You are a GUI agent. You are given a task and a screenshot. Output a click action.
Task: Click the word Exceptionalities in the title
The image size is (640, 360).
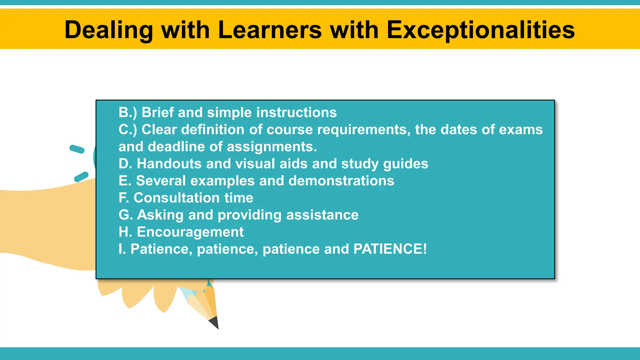pos(480,30)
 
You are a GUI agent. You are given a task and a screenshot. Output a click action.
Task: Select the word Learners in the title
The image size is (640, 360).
pos(270,30)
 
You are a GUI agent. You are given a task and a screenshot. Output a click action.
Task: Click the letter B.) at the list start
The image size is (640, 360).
pos(128,112)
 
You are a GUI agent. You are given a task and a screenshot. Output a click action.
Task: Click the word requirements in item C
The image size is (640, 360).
pos(364,130)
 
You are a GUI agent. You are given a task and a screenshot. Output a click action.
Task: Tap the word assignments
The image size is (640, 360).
pos(272,147)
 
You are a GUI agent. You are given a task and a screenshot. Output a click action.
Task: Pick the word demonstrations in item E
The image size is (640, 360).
pos(341,181)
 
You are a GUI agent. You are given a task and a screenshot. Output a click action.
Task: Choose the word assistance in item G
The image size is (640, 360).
pos(322,215)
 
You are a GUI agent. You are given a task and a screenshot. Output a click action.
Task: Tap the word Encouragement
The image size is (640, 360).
pos(190,232)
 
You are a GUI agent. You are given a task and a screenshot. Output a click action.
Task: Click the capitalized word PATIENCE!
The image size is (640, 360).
pos(390,249)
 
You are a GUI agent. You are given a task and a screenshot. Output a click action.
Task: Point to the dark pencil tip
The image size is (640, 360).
pos(214,323)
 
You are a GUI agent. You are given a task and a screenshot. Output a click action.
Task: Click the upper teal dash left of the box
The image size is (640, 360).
pos(77,149)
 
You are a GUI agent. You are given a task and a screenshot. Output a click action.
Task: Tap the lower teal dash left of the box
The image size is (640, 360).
pos(81,177)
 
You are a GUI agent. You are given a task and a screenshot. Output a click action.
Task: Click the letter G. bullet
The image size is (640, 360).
pos(126,215)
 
